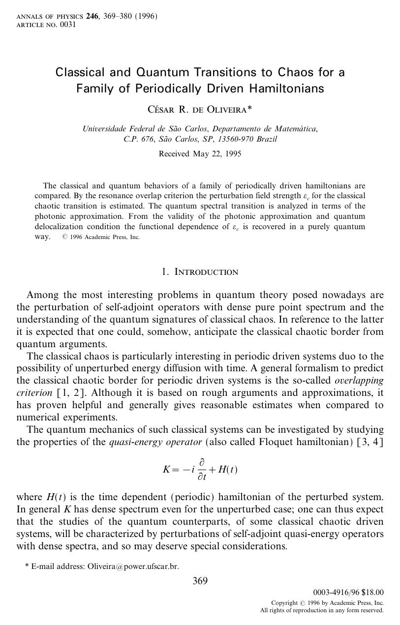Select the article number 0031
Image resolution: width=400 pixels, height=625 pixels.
[x=68, y=25]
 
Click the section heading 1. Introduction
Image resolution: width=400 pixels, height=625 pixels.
[x=200, y=272]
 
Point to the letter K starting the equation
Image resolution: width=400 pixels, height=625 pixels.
[x=166, y=469]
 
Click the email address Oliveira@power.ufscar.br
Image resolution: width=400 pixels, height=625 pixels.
[x=133, y=566]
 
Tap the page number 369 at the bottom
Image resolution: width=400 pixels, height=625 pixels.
[x=200, y=581]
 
